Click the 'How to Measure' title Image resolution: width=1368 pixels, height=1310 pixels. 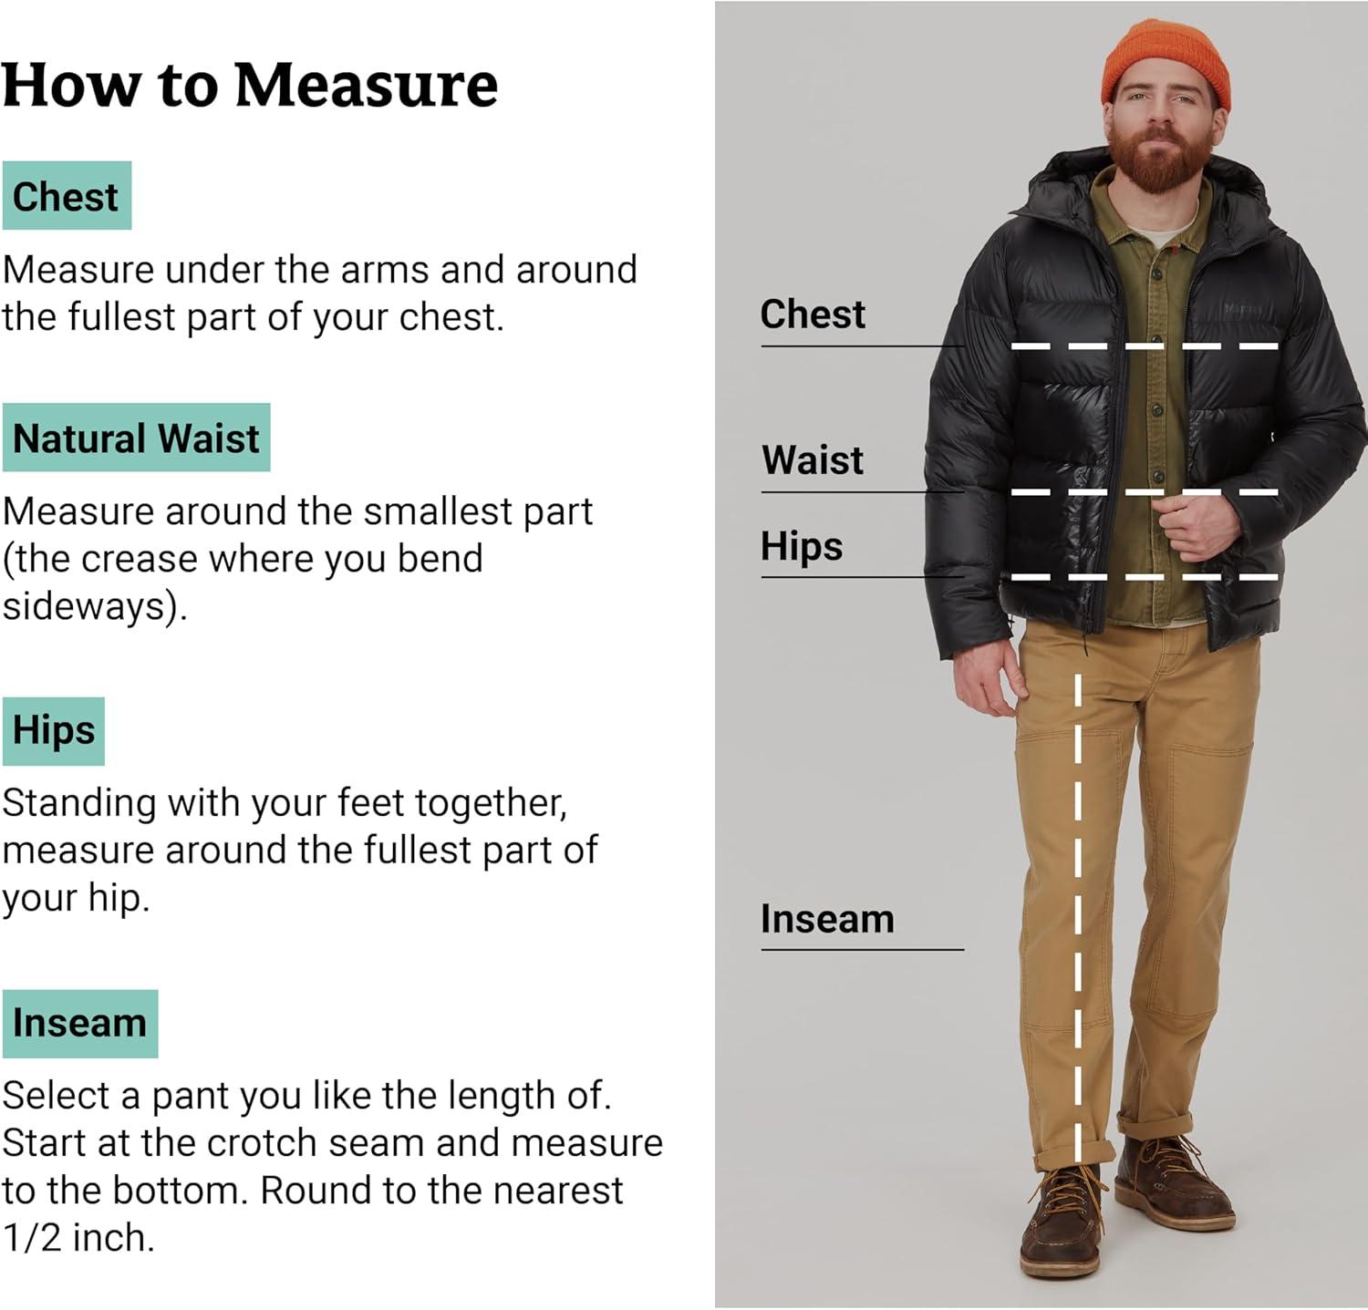click(x=250, y=85)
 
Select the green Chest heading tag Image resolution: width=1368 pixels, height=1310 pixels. click(x=67, y=196)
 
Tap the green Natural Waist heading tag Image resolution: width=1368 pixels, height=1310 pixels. click(x=136, y=438)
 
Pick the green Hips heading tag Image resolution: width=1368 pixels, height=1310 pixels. click(x=54, y=731)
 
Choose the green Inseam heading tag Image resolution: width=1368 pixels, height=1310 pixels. click(x=80, y=1023)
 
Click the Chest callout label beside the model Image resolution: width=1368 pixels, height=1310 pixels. click(x=813, y=315)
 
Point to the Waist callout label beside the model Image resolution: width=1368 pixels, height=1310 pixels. click(x=813, y=459)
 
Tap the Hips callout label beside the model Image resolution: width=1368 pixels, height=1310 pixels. click(x=802, y=547)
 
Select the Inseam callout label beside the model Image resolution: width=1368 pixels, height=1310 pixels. click(x=827, y=919)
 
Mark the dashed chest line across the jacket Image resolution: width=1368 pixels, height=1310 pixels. click(x=1145, y=346)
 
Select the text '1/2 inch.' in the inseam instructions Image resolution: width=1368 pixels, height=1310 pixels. click(x=78, y=1238)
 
